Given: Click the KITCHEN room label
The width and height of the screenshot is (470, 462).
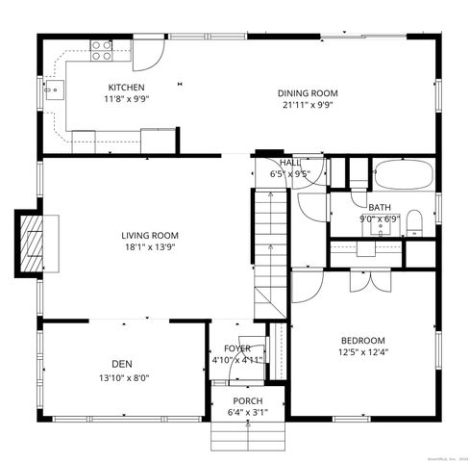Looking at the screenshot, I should pyautogui.click(x=127, y=86).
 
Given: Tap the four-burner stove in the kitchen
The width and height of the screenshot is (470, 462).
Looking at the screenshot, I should pyautogui.click(x=101, y=50).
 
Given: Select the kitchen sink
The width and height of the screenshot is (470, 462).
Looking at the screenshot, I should pyautogui.click(x=56, y=92).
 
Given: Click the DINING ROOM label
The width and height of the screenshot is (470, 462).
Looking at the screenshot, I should pyautogui.click(x=308, y=93).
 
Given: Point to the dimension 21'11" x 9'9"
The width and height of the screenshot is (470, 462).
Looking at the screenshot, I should pyautogui.click(x=308, y=106).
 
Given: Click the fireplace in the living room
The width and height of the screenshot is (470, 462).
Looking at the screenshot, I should pyautogui.click(x=34, y=240).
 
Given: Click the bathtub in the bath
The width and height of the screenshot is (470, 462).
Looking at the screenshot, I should pyautogui.click(x=403, y=176).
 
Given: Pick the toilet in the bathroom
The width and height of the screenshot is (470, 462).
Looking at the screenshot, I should pyautogui.click(x=414, y=224).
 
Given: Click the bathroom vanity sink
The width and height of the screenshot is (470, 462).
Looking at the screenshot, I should pyautogui.click(x=366, y=247).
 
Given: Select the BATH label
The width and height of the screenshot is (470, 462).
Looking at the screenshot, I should pyautogui.click(x=379, y=207).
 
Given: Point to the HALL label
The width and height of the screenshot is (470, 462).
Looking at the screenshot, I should pyautogui.click(x=290, y=163).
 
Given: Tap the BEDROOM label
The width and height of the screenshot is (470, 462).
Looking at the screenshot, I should pyautogui.click(x=362, y=340).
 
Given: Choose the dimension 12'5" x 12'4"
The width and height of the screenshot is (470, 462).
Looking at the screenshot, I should pyautogui.click(x=362, y=352).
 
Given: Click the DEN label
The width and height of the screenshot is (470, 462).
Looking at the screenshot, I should pyautogui.click(x=121, y=363).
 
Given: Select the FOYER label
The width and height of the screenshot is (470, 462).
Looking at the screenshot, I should pyautogui.click(x=236, y=348).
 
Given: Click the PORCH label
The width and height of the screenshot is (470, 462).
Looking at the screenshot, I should pyautogui.click(x=248, y=400).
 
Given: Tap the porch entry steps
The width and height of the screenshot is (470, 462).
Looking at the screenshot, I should pyautogui.click(x=248, y=436).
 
